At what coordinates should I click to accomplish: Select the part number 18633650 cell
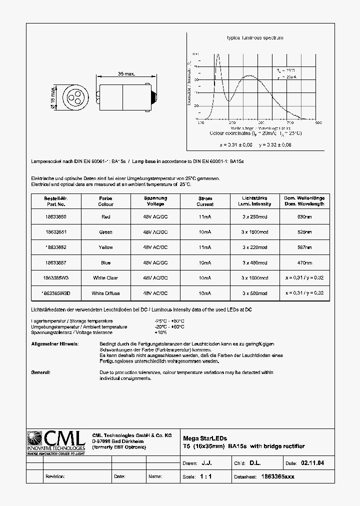tap(55, 216)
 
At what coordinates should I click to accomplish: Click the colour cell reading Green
tap(105, 232)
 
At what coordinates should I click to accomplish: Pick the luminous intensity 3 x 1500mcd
tap(254, 232)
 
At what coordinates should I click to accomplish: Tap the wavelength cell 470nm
tap(304, 262)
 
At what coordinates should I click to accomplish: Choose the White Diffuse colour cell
tap(105, 293)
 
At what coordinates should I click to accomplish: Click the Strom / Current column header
tap(205, 201)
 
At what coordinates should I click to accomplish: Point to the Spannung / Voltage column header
tap(155, 201)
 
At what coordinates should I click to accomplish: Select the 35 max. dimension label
tap(126, 74)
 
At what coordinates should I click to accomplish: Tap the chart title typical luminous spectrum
tap(255, 38)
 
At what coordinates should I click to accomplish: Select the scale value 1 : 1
tap(205, 476)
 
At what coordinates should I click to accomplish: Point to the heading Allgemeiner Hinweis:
tap(54, 344)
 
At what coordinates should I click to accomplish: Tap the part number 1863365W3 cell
tap(55, 277)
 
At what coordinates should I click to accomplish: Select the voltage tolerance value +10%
tap(161, 332)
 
